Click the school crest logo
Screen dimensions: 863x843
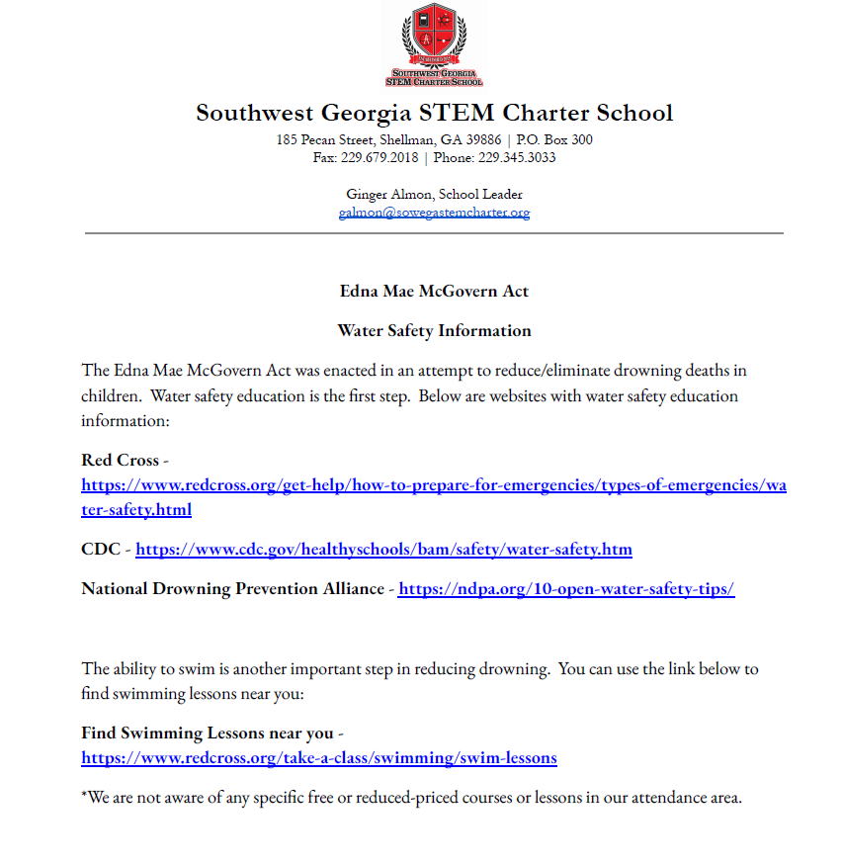point(435,45)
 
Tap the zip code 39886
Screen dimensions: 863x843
point(484,140)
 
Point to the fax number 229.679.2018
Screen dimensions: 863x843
point(379,157)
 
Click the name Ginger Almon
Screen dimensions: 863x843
point(391,195)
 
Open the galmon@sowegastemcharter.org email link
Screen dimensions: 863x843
point(434,213)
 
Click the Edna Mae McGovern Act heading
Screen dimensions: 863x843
point(434,292)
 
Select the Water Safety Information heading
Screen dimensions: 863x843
point(434,331)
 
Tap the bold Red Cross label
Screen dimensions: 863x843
point(120,461)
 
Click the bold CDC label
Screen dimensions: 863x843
point(102,550)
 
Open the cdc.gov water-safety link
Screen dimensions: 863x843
point(383,550)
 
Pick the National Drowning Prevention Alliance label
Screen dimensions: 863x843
point(232,589)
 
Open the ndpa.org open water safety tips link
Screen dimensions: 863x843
point(565,589)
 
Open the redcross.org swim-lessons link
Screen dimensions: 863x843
point(319,758)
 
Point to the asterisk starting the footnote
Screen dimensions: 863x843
point(84,796)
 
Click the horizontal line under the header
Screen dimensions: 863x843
point(434,233)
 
